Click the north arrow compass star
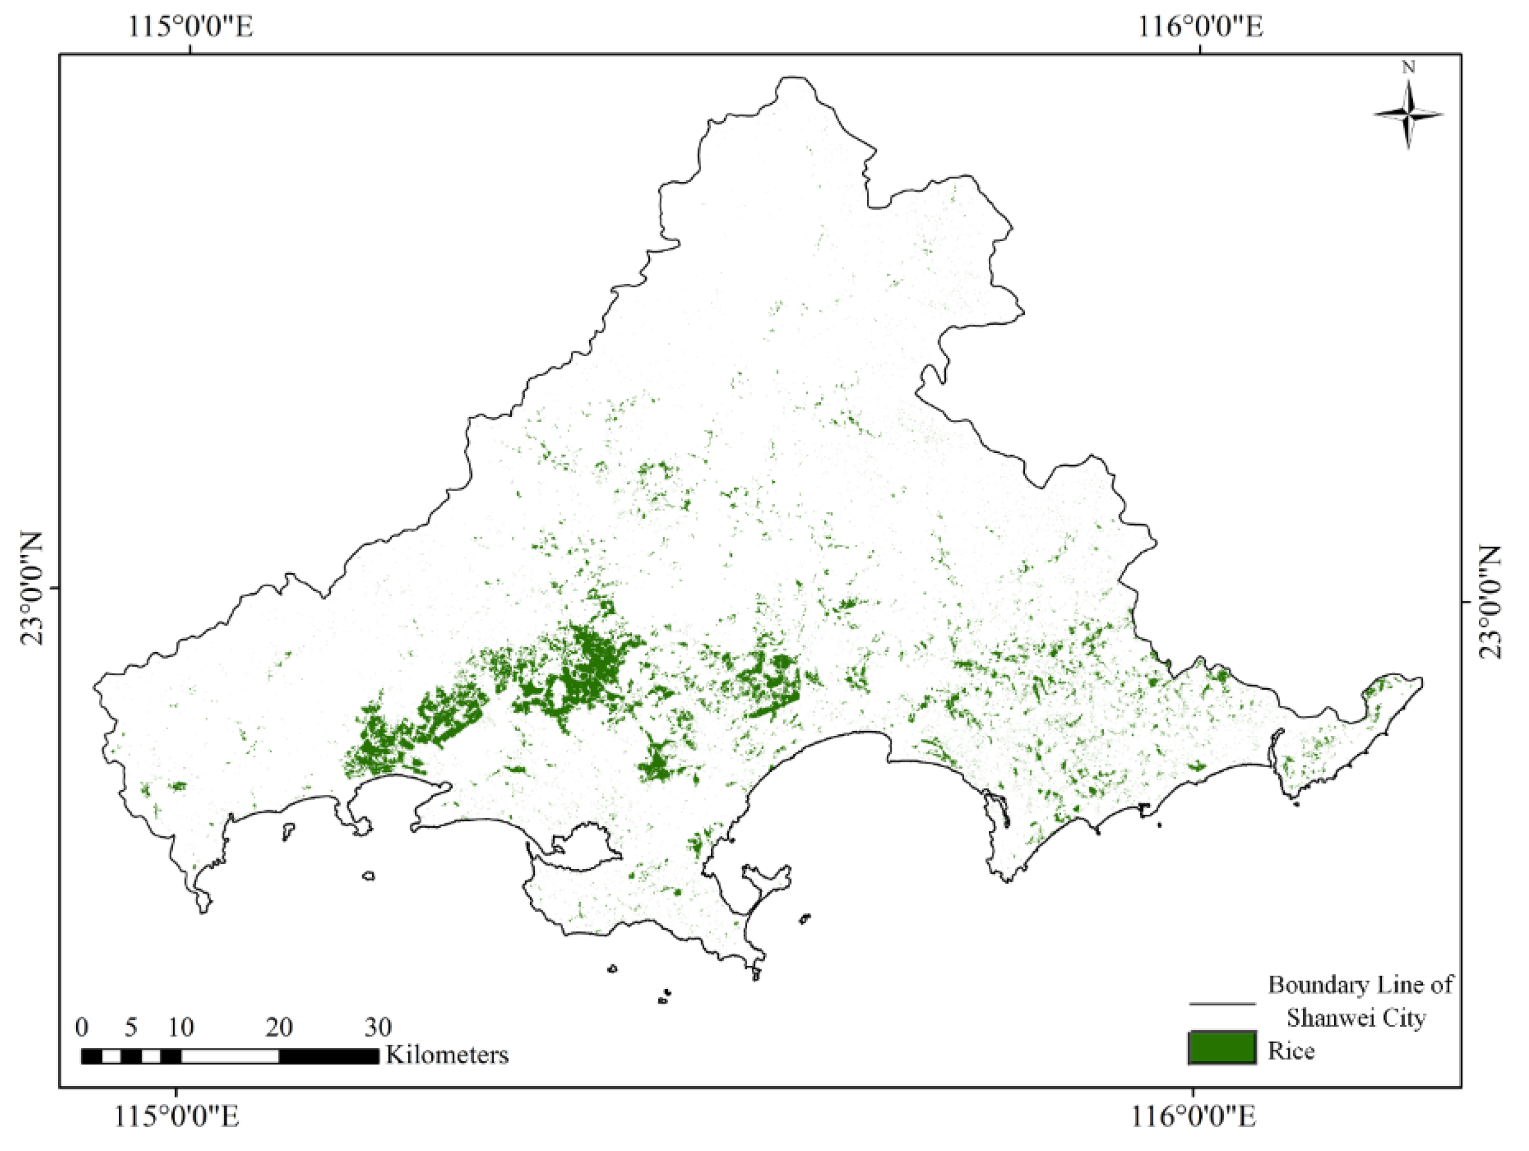(x=1407, y=114)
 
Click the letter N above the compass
(x=1408, y=67)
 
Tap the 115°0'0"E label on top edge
(x=189, y=27)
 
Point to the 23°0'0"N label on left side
(x=30, y=589)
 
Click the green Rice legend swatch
(x=1222, y=1047)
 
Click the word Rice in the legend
(x=1290, y=1051)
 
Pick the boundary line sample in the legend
(x=1222, y=1003)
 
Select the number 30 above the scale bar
(x=378, y=1027)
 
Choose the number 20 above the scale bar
(x=279, y=1027)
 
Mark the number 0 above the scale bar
(x=81, y=1027)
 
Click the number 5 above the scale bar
(x=131, y=1027)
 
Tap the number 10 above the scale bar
(x=180, y=1027)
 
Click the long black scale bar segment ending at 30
(x=329, y=1056)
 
